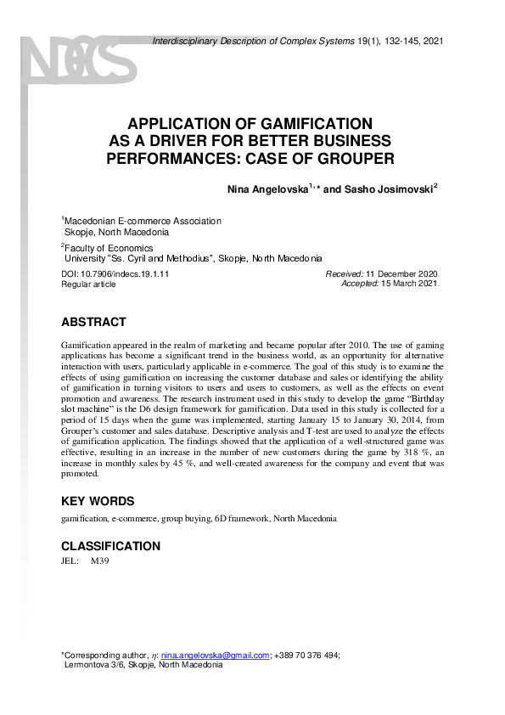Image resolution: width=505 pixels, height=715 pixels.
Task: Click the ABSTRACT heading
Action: (94, 323)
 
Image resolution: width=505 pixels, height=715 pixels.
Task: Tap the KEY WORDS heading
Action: (98, 501)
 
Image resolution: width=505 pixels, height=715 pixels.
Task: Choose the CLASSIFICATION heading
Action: (110, 546)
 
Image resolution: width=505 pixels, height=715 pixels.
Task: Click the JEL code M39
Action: (100, 561)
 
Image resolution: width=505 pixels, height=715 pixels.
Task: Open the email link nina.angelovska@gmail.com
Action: (215, 655)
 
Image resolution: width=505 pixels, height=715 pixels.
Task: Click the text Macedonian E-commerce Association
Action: (143, 221)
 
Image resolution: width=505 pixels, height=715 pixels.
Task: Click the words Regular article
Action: (88, 284)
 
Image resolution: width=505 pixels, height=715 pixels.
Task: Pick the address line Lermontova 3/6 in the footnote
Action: (98, 665)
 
